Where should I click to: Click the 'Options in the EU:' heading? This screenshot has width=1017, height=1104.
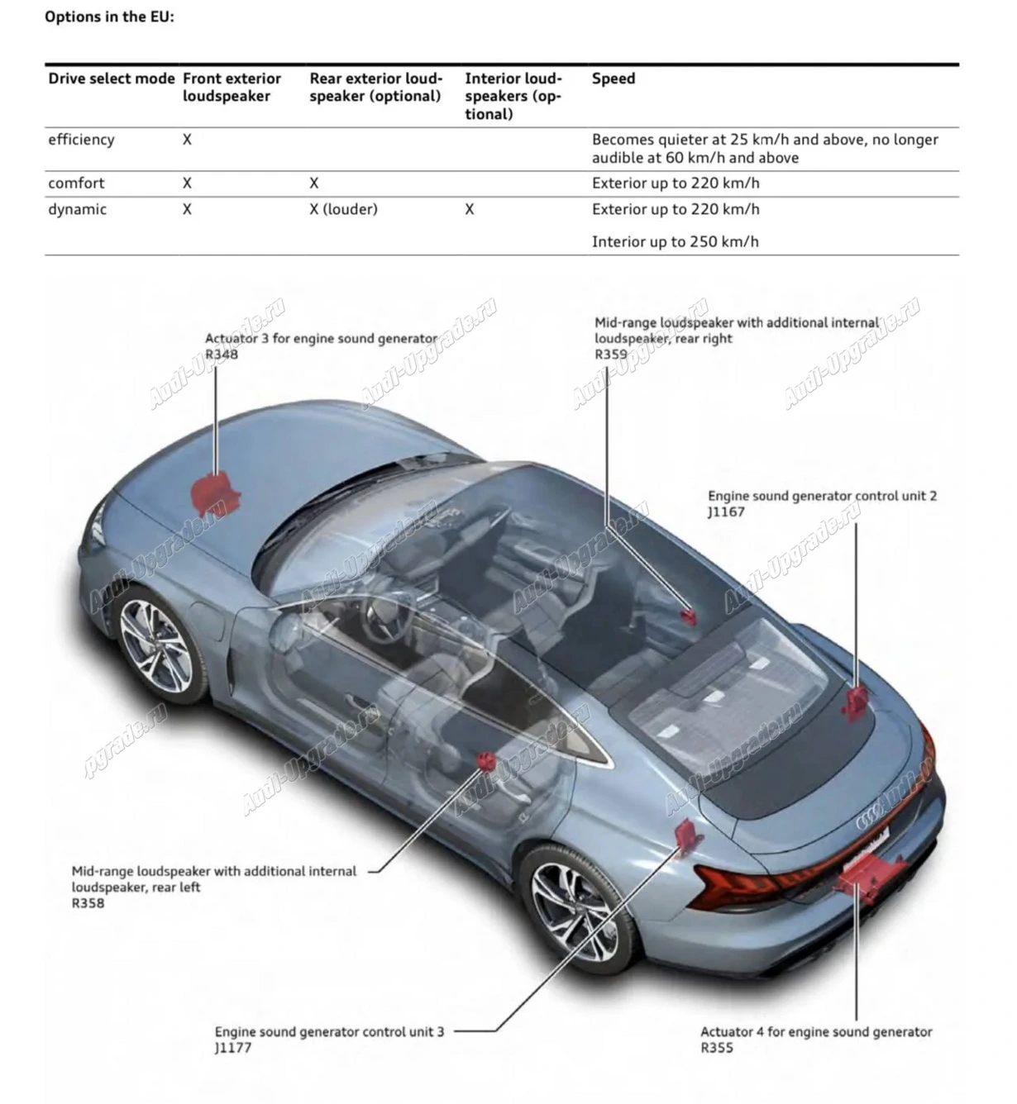click(109, 17)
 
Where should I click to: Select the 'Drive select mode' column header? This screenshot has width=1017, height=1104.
click(112, 79)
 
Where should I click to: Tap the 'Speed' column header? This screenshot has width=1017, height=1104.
click(614, 79)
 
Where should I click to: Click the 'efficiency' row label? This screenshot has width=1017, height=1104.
click(81, 140)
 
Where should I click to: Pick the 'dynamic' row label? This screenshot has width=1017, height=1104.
click(77, 209)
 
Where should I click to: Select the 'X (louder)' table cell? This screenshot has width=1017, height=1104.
click(343, 209)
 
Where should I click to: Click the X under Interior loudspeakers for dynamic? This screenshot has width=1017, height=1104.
click(470, 209)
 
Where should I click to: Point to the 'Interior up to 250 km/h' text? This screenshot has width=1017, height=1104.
click(675, 241)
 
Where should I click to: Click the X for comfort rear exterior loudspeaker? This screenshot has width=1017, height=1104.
click(314, 183)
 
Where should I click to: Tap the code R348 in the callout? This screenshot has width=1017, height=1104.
click(222, 354)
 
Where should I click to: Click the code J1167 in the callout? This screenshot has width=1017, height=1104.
click(726, 512)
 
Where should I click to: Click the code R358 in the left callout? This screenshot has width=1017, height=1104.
click(88, 902)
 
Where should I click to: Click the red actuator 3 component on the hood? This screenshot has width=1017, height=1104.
click(214, 493)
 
